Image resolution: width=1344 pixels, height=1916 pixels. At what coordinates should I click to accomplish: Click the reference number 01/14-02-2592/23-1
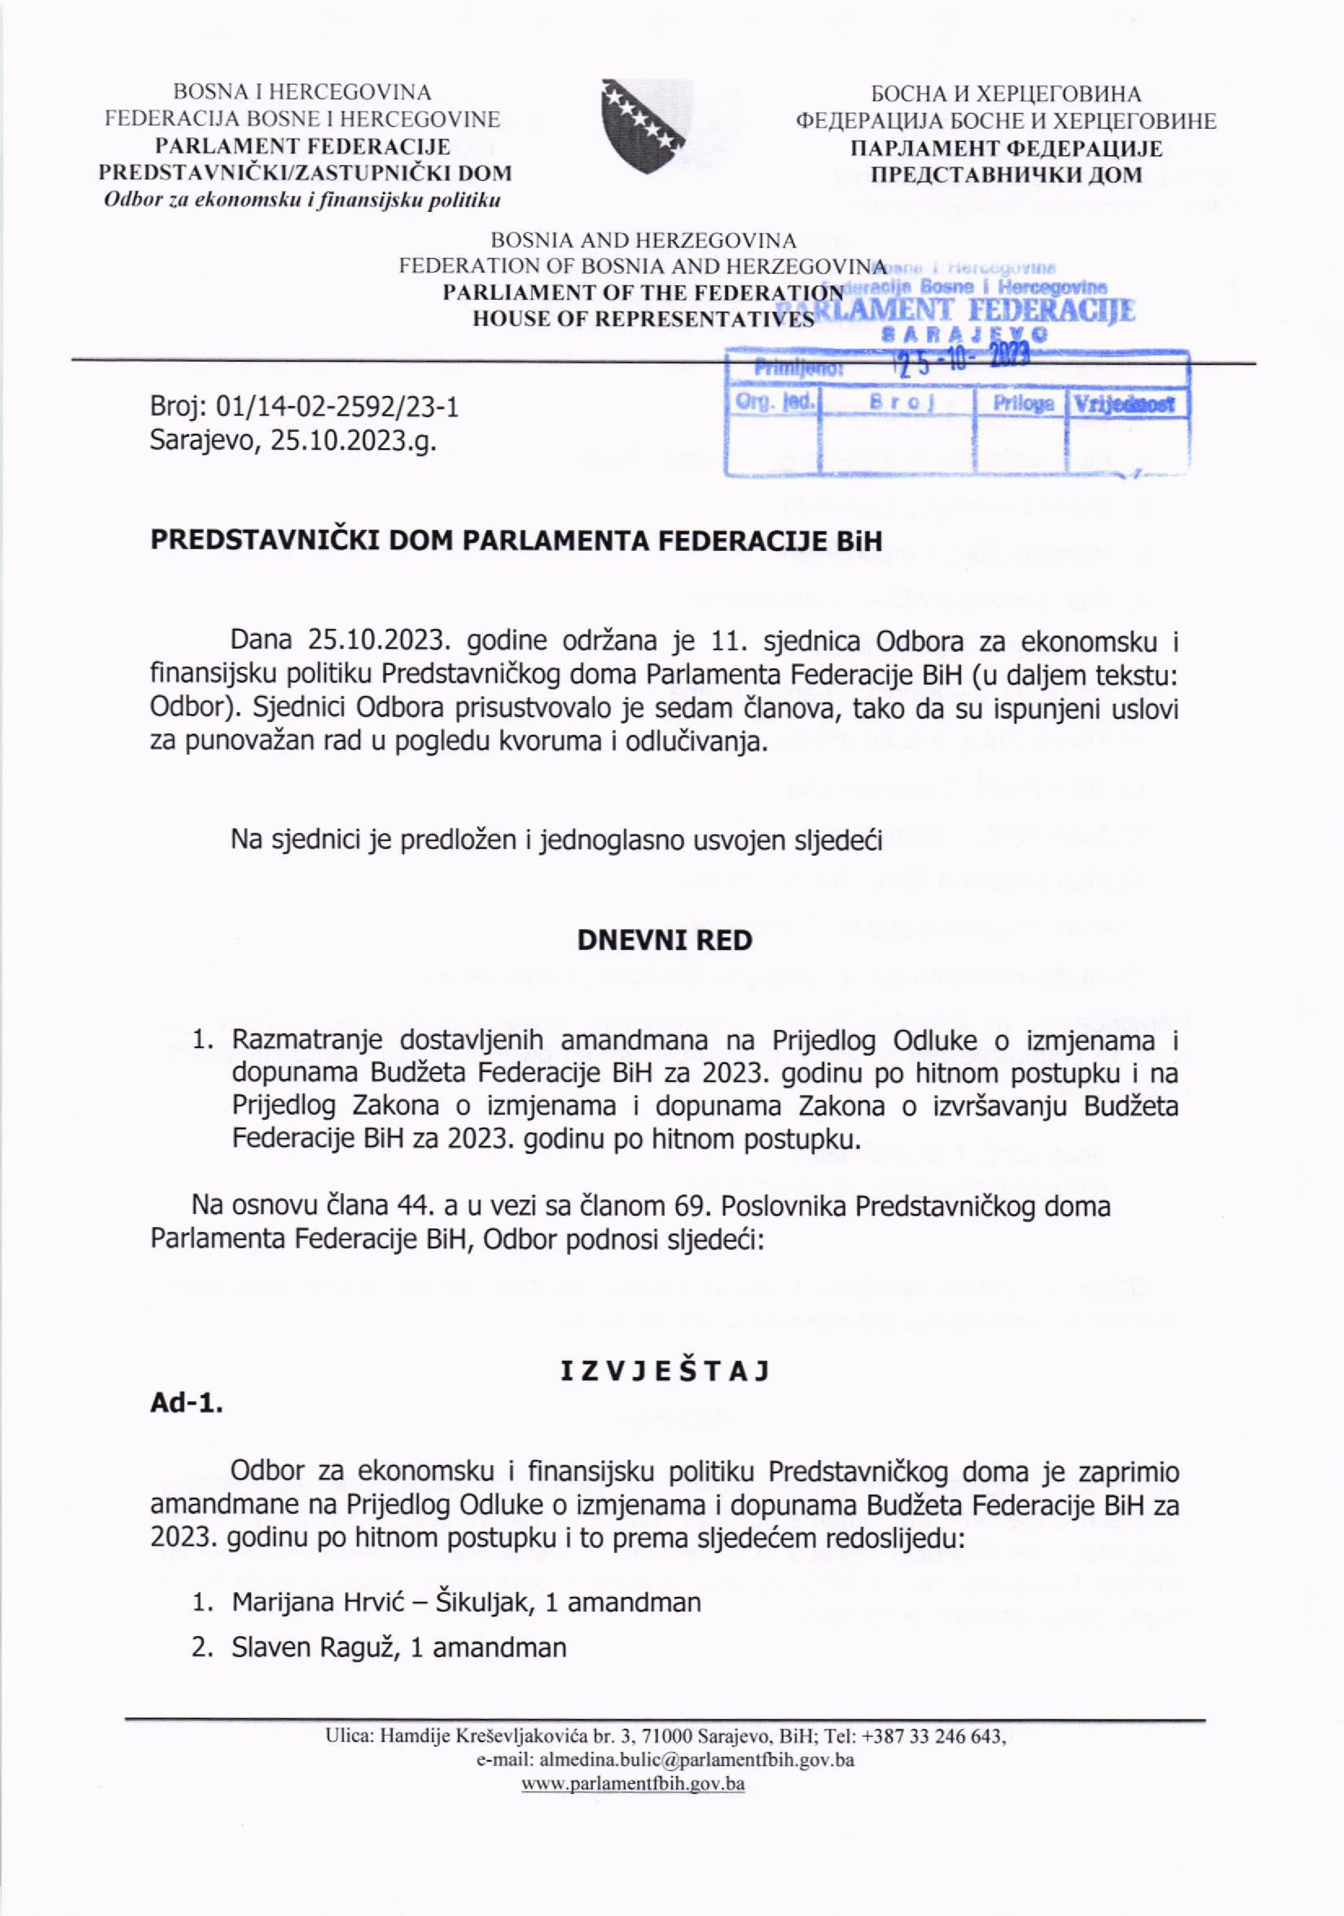[337, 407]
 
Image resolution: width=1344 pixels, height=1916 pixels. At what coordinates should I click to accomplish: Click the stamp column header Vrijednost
[1125, 405]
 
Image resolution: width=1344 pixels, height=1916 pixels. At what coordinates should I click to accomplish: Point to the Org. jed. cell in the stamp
[774, 402]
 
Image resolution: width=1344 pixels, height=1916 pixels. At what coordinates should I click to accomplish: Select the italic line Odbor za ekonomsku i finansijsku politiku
[301, 200]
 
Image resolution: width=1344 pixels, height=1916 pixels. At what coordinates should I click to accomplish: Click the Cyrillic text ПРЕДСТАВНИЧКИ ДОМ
[1006, 174]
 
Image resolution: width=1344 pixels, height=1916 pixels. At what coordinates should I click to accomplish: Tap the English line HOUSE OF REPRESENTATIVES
[642, 320]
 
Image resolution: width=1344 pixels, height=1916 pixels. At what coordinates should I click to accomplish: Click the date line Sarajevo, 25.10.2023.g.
[293, 440]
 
